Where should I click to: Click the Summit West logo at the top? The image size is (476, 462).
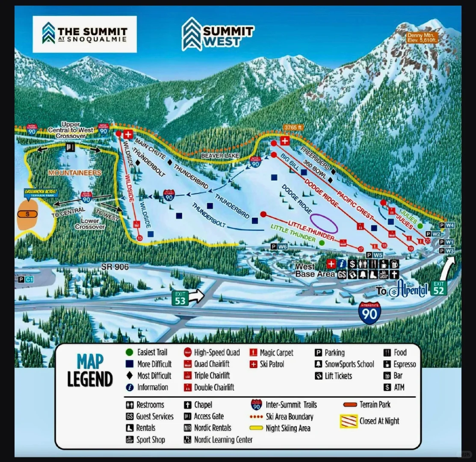(x=217, y=34)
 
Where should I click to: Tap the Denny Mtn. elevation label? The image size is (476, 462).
(x=422, y=38)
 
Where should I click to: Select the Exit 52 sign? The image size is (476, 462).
(x=438, y=288)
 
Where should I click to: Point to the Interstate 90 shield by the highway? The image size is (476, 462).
(x=370, y=312)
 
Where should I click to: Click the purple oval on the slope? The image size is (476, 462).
(x=324, y=223)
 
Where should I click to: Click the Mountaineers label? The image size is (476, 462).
(x=74, y=173)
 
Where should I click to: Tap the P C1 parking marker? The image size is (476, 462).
(x=26, y=279)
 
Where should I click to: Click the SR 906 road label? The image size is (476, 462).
(x=115, y=267)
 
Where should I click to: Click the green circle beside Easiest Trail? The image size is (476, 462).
(x=130, y=352)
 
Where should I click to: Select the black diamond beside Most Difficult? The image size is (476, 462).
(x=130, y=376)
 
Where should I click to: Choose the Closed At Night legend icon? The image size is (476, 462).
(x=349, y=421)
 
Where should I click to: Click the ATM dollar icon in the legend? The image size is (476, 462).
(x=387, y=388)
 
